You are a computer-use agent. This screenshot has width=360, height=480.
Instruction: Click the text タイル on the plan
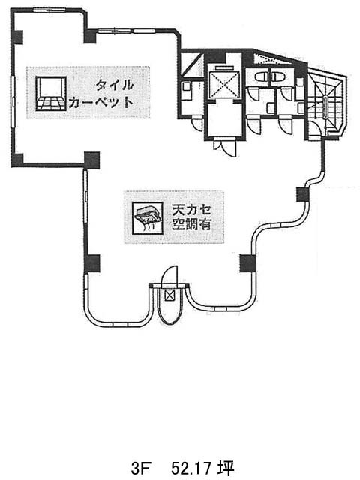coord(115,85)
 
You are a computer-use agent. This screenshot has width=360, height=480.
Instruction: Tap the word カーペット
coord(101,102)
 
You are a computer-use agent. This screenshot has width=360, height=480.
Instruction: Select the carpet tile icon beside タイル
coord(51,93)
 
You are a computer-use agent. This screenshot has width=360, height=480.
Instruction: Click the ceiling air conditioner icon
coord(147,218)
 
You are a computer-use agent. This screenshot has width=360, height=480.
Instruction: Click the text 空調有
coord(192,225)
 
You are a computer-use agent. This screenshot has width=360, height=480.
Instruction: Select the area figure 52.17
coord(191,468)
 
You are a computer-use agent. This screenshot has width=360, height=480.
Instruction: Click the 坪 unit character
coord(226,468)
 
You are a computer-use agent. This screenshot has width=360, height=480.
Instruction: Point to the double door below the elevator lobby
coord(226,147)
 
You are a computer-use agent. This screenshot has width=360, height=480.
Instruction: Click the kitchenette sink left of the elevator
coord(187,86)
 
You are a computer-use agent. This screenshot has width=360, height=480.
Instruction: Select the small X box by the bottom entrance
coord(169,295)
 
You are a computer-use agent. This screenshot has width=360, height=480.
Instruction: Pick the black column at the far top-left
coord(17,37)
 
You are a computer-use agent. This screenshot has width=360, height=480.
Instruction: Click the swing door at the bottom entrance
coord(169,276)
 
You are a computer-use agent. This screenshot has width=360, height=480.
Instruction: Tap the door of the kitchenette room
coord(196,124)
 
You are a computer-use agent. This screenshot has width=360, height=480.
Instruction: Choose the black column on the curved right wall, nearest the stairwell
coord(303,194)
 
